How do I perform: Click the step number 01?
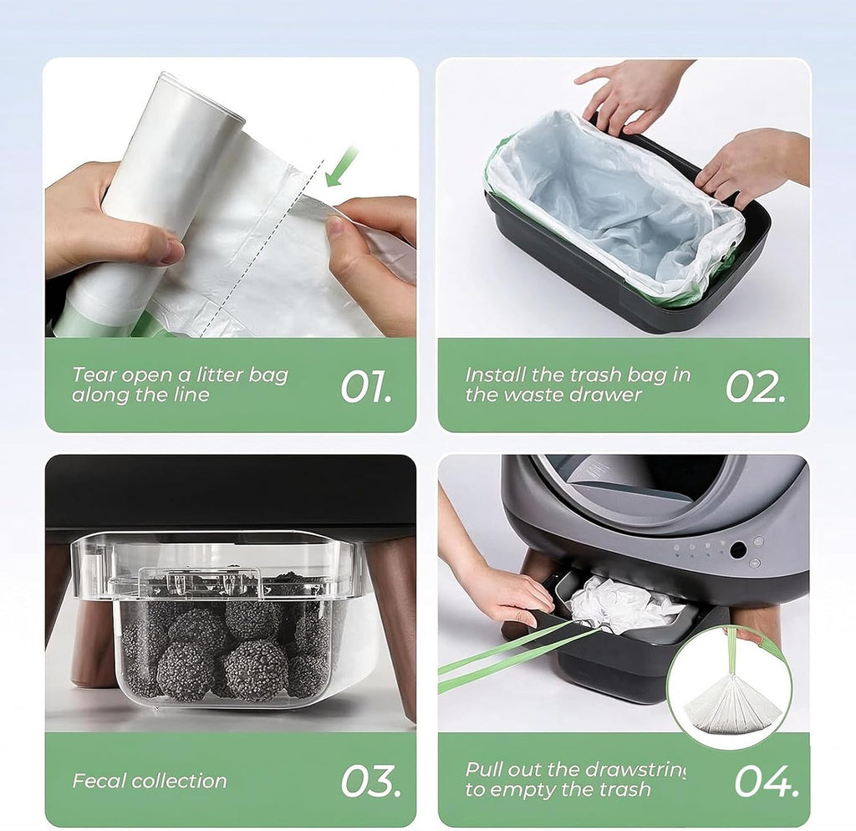(366, 387)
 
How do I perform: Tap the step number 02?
(756, 387)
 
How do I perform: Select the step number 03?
(370, 782)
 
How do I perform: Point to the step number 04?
(767, 782)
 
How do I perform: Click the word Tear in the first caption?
(94, 375)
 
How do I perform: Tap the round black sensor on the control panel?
(738, 550)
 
